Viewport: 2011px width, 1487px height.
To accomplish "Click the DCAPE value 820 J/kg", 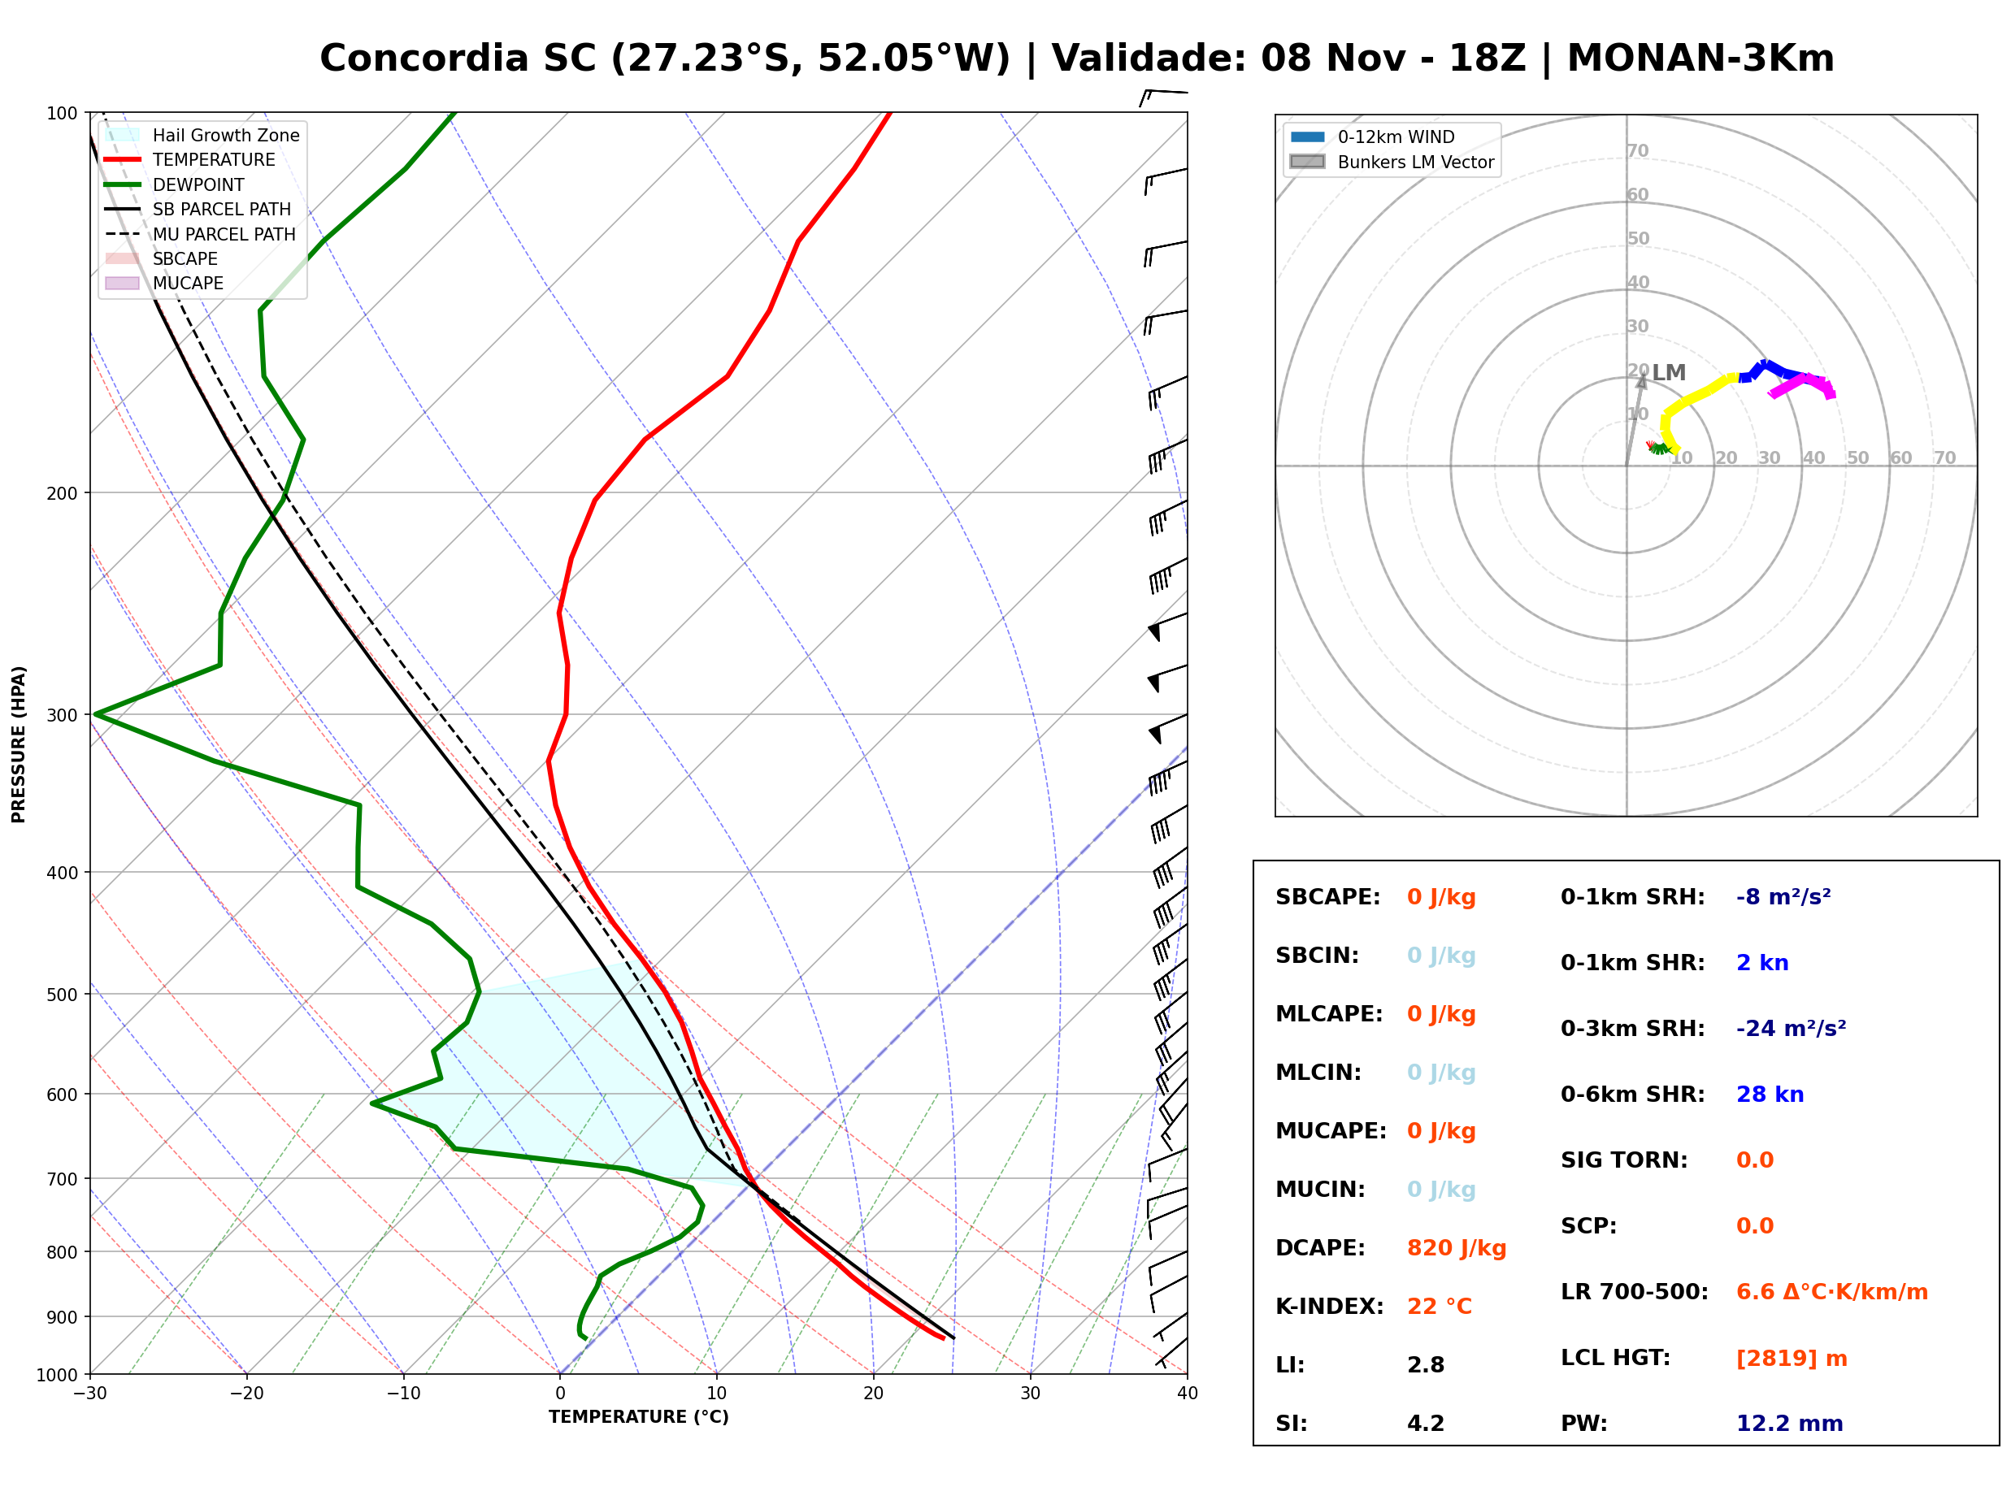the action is [x=1457, y=1248].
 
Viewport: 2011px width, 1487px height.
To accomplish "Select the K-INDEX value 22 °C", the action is [x=1440, y=1307].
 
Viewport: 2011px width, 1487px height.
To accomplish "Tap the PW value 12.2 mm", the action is [x=1790, y=1424].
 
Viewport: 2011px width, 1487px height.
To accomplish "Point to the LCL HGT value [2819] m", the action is [x=1792, y=1359].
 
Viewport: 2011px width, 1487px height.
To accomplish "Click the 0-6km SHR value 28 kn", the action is [x=1770, y=1095].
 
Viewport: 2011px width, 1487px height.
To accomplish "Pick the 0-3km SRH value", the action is [x=1792, y=1029].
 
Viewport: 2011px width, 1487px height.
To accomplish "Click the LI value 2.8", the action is [x=1426, y=1365].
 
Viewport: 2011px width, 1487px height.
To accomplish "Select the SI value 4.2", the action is [x=1426, y=1424].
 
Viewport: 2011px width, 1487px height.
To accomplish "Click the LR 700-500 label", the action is [x=1634, y=1293].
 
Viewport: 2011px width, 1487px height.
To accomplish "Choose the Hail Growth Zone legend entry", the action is [x=202, y=135].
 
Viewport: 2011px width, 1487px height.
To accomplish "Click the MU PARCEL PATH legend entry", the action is [x=201, y=234].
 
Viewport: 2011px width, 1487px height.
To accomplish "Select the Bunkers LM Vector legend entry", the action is [x=1392, y=162].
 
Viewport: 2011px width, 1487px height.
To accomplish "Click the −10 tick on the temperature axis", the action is [x=403, y=1394].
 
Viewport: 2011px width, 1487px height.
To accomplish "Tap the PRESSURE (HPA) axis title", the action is [x=19, y=744].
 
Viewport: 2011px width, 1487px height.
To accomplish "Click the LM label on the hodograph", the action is [x=1669, y=373].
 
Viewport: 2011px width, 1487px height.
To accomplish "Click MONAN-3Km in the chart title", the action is [x=1700, y=59].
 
